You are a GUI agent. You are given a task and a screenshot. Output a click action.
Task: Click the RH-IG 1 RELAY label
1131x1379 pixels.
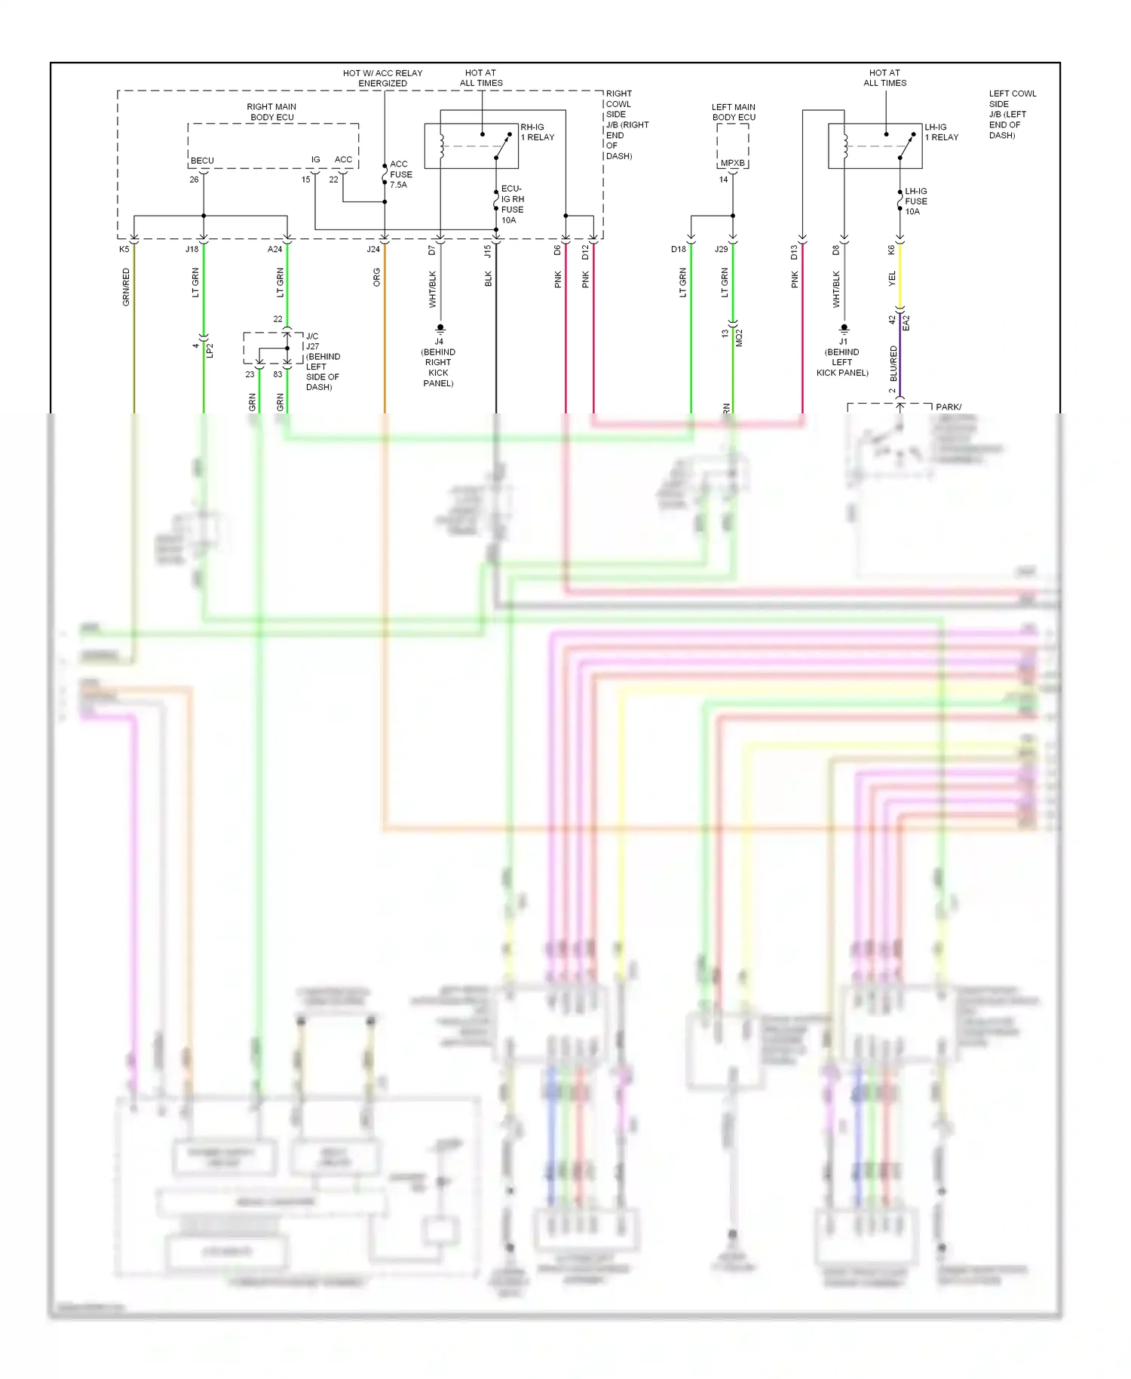(x=537, y=132)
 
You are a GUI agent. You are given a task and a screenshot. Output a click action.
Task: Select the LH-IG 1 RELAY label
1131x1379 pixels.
(x=941, y=132)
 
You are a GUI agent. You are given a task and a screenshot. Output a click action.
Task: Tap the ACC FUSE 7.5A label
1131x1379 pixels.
(x=400, y=174)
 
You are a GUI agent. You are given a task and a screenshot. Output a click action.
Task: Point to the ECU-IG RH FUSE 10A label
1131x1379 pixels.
(x=512, y=204)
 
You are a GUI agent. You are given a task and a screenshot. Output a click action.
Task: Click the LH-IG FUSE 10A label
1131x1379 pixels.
(x=915, y=201)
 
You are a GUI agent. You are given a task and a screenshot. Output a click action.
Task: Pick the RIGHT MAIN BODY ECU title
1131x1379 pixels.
(x=271, y=112)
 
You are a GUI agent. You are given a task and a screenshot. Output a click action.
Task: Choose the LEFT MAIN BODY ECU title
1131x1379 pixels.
(x=733, y=112)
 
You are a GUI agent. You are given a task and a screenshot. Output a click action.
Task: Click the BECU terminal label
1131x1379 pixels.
(x=202, y=161)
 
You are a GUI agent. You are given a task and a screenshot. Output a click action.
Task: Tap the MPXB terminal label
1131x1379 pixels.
(x=732, y=163)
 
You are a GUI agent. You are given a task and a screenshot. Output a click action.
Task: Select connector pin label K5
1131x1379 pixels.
(x=124, y=249)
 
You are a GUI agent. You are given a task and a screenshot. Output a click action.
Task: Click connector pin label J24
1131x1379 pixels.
(x=373, y=249)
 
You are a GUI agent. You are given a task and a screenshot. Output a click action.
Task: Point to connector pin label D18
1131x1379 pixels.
(x=679, y=249)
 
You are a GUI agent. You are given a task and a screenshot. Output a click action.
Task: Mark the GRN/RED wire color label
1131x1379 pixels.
(x=126, y=287)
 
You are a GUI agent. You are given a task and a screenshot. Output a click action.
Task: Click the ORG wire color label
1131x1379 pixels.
(x=376, y=278)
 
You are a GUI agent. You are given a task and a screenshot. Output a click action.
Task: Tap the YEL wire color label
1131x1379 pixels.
(x=892, y=278)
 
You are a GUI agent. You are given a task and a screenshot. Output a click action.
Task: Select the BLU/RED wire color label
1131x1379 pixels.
(x=893, y=363)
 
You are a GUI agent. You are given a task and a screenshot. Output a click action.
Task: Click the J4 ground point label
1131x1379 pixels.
(x=439, y=342)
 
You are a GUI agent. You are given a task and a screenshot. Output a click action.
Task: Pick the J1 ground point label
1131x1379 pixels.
(x=843, y=342)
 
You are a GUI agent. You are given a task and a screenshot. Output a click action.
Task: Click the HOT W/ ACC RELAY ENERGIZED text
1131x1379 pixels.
(x=382, y=78)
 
